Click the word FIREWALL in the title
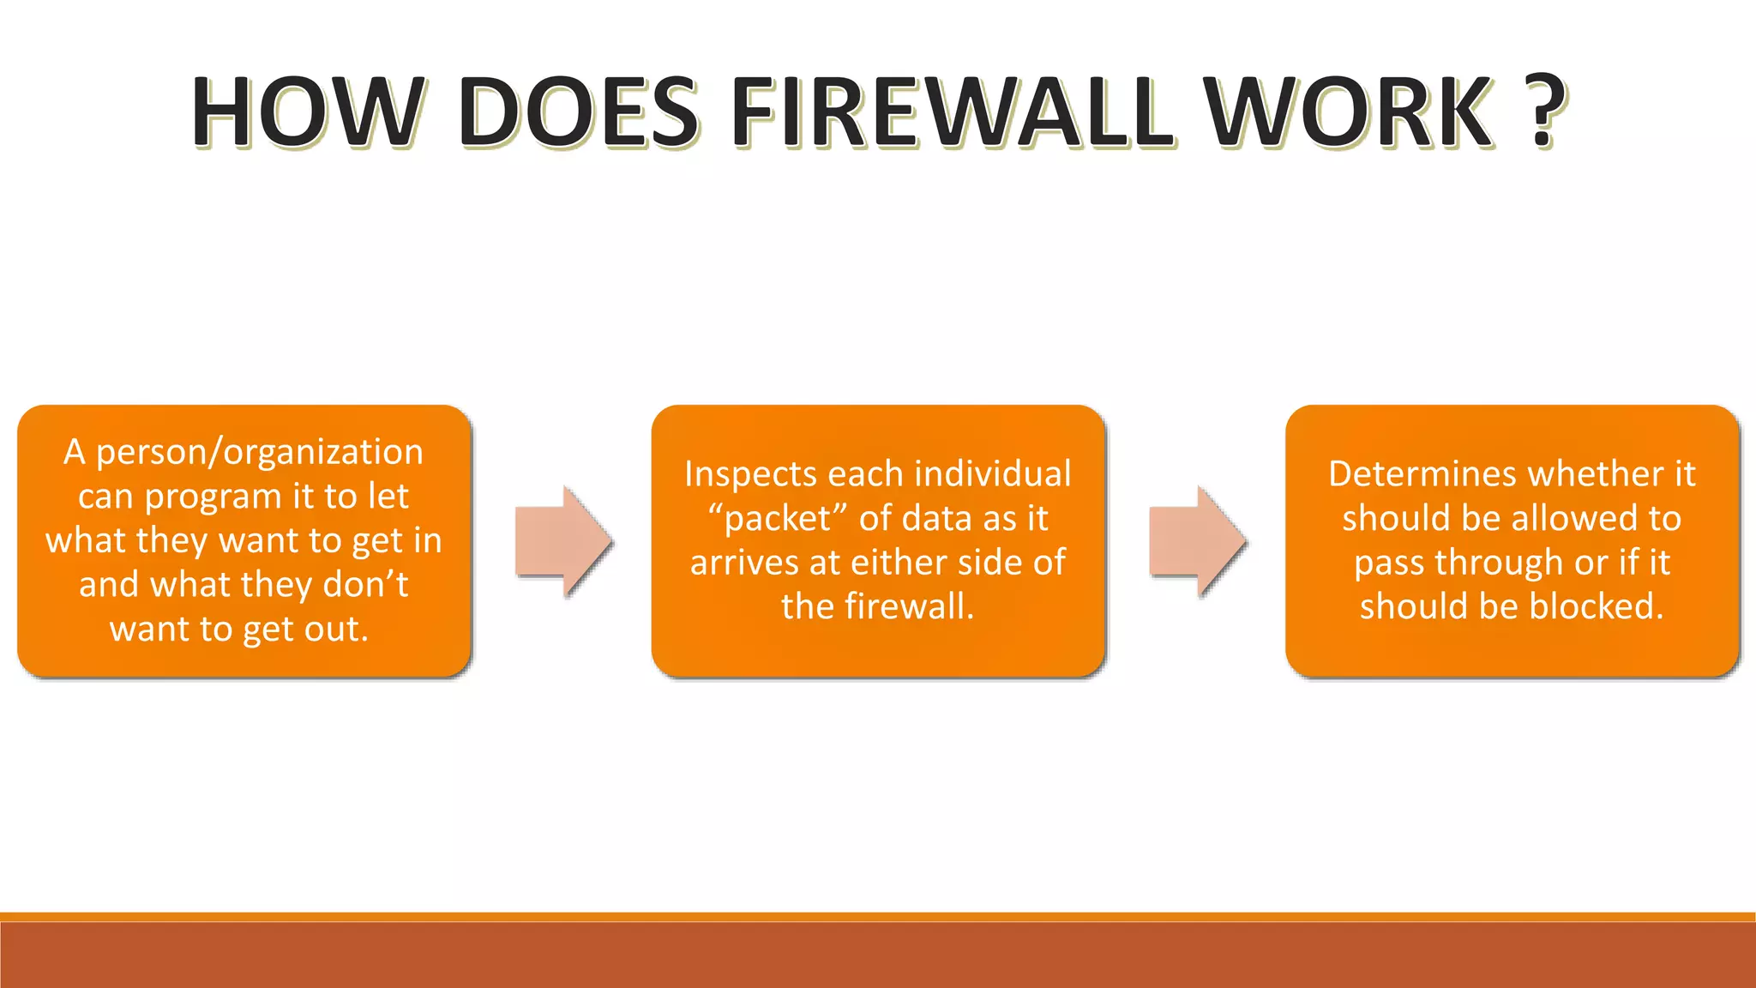click(x=952, y=112)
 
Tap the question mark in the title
click(x=1544, y=112)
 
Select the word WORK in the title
click(x=1350, y=112)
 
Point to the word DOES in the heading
click(x=579, y=112)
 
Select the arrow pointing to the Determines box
click(x=1197, y=541)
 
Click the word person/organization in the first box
click(x=260, y=452)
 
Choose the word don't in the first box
click(x=365, y=585)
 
